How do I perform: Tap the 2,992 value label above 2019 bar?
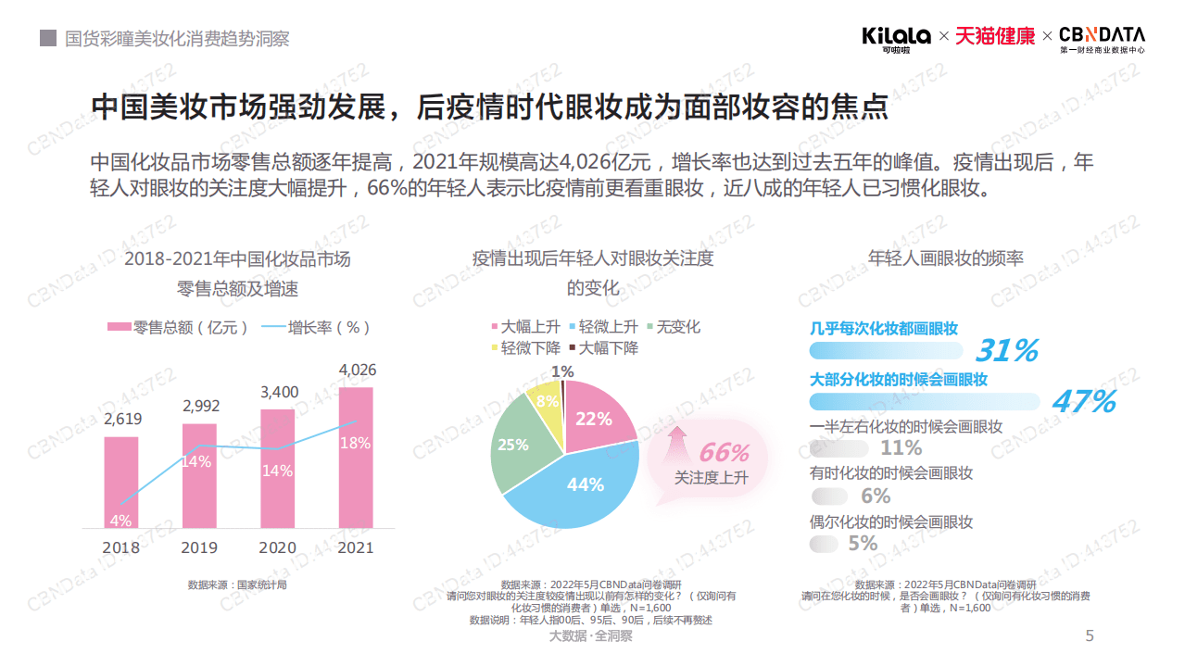click(200, 406)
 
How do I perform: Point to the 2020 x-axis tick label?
click(278, 547)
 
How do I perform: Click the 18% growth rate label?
click(355, 443)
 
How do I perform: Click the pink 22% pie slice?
click(595, 417)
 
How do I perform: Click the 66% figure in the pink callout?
click(723, 453)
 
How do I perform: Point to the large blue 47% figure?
click(1083, 402)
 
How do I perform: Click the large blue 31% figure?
click(1006, 351)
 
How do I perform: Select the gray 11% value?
click(901, 448)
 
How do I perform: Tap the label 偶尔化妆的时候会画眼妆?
click(891, 522)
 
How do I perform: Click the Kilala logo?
click(896, 37)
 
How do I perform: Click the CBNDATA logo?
click(1102, 37)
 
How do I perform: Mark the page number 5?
click(1090, 635)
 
